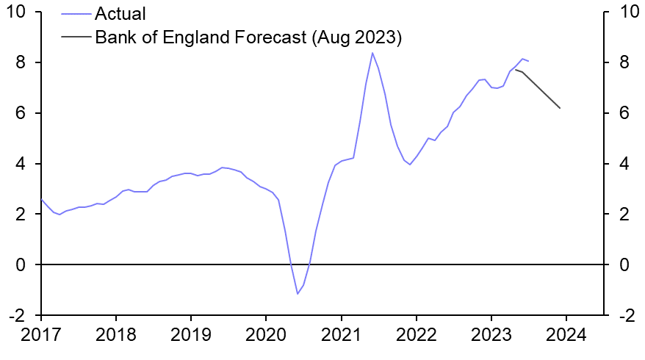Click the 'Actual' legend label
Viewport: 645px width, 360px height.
point(120,14)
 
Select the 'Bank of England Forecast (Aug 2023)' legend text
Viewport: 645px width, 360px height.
point(248,37)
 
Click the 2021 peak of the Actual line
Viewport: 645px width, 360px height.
point(372,53)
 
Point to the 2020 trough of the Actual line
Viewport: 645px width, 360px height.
point(298,294)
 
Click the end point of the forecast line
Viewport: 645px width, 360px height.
point(561,108)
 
